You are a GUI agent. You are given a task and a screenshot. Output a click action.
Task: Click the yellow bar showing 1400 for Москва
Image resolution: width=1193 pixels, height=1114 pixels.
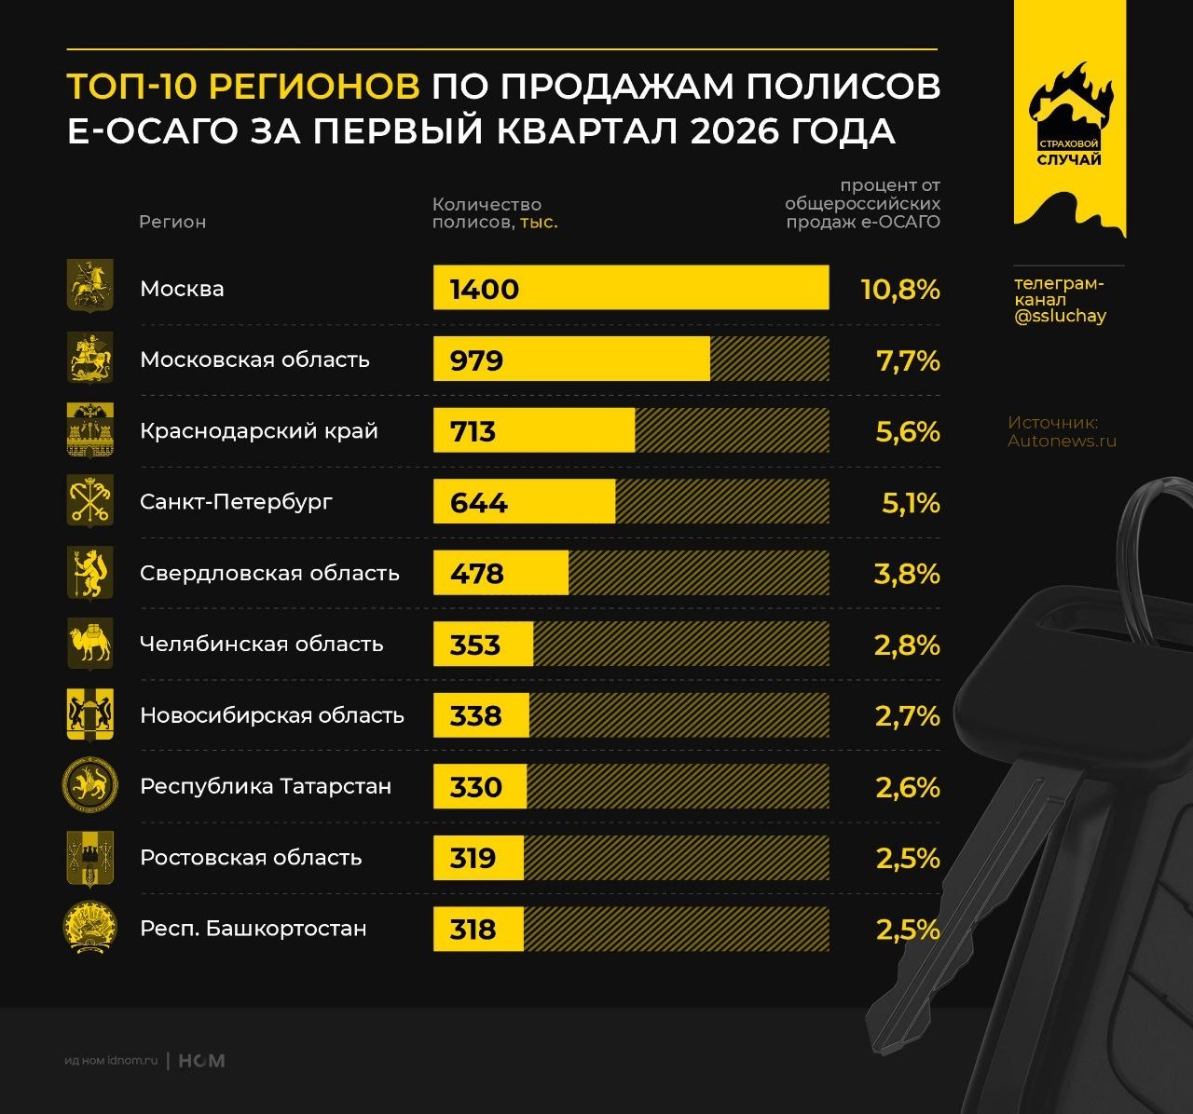(630, 288)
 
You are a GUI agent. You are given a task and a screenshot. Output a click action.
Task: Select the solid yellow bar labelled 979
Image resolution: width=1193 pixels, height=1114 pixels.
(571, 360)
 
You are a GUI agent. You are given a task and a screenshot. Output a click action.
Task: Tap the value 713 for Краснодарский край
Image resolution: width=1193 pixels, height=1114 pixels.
(473, 431)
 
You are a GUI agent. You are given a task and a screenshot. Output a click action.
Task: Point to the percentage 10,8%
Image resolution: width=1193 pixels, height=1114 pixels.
(899, 289)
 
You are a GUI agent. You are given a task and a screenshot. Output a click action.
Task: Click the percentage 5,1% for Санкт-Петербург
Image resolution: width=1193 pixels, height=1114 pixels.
(911, 503)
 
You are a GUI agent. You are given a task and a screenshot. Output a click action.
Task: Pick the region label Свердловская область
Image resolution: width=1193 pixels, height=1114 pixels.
(269, 573)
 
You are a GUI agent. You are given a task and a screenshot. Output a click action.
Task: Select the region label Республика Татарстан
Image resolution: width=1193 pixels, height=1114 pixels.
(266, 786)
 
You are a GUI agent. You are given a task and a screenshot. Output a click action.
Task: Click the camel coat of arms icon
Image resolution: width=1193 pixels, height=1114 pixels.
(89, 644)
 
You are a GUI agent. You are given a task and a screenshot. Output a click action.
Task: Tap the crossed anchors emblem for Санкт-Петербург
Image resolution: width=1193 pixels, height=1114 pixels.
(89, 501)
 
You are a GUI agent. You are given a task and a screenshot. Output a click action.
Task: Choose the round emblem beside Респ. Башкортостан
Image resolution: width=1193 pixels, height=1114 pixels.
(89, 928)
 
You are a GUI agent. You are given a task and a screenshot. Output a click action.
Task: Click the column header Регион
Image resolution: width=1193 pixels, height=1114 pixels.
(172, 222)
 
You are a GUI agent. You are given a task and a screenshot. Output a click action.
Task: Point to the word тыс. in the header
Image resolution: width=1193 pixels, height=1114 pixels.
(539, 223)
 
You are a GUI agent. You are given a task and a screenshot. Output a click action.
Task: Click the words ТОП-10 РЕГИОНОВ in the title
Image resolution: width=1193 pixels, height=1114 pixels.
(243, 87)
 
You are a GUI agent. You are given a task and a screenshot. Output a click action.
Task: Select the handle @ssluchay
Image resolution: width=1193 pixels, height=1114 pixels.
(1060, 316)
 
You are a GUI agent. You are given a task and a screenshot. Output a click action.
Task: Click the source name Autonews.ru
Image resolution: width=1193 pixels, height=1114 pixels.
(1062, 441)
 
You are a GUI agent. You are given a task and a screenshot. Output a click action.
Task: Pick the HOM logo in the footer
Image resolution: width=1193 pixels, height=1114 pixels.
(201, 1061)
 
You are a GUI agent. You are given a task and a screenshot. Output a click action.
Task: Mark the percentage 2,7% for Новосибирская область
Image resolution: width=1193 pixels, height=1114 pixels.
(907, 716)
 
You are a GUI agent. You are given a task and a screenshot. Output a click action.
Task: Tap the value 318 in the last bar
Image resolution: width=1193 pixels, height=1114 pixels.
(473, 930)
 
